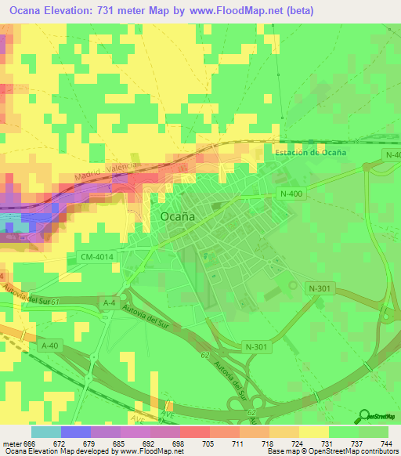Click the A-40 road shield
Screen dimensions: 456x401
pyautogui.click(x=49, y=345)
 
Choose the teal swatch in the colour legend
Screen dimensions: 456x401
pyautogui.click(x=46, y=431)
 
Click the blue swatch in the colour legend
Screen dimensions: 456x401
pyautogui.click(x=76, y=431)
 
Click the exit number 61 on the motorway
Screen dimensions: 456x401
pyautogui.click(x=55, y=299)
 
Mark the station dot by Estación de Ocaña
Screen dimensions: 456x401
pyautogui.click(x=367, y=166)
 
